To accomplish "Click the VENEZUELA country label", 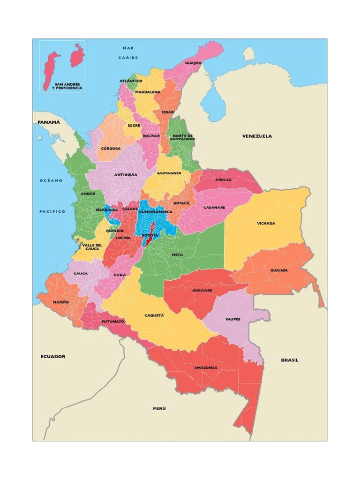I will click(257, 136).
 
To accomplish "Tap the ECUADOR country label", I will click(52, 356).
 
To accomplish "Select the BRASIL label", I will click(289, 360).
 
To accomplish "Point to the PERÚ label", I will click(159, 408).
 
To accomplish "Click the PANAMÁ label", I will click(49, 122).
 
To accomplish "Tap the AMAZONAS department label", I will click(206, 367).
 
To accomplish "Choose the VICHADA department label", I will click(266, 223).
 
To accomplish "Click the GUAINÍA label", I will click(279, 270).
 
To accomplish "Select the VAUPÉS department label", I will click(232, 319).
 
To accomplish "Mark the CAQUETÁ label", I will click(154, 315).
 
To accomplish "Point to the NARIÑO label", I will click(60, 302).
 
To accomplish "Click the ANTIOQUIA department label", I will click(126, 174).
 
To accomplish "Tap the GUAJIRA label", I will click(193, 62).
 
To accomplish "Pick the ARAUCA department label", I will click(223, 180).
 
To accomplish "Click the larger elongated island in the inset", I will click(51, 70).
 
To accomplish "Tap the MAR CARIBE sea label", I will click(128, 52).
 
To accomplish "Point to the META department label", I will click(177, 255).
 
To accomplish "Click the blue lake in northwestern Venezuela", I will click(212, 107).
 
